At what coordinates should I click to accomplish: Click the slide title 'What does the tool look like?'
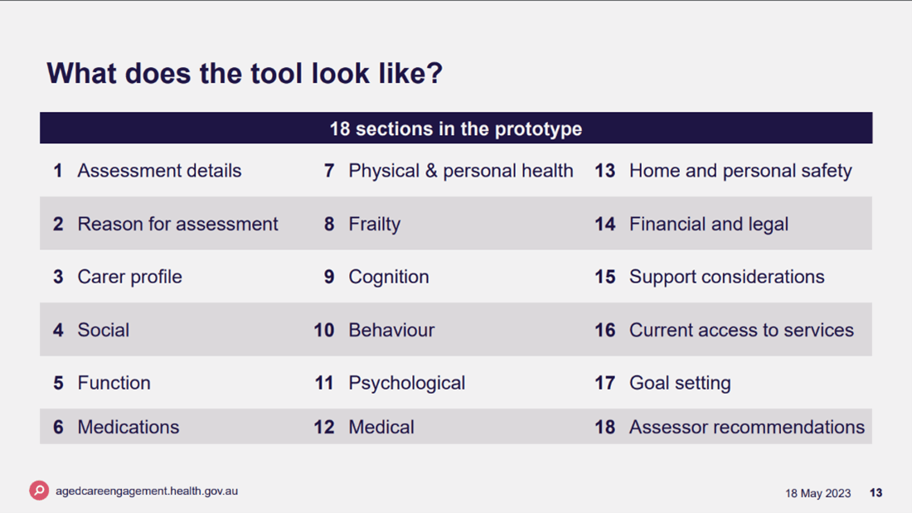(x=245, y=73)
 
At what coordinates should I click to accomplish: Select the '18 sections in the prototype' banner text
(x=455, y=129)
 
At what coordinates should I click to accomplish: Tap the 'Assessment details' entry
(x=159, y=171)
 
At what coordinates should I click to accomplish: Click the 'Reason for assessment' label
(x=177, y=224)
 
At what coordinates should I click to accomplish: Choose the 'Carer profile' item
(x=129, y=277)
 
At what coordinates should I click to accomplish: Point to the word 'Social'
(x=103, y=330)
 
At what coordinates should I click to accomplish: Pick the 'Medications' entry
(x=128, y=427)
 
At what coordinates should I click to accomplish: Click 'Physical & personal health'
(x=460, y=171)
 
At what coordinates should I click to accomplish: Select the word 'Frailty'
(x=374, y=224)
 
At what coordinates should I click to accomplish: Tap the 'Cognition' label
(x=388, y=277)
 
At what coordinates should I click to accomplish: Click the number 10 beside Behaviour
(x=323, y=330)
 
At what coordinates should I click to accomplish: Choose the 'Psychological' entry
(x=406, y=383)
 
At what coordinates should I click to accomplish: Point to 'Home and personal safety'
(x=740, y=171)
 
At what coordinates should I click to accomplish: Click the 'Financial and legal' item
(x=708, y=224)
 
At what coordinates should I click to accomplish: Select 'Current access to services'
(x=741, y=330)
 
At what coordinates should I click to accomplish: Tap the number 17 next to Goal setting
(x=604, y=383)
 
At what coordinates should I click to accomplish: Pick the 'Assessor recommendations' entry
(x=746, y=427)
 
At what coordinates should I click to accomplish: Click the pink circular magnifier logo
(x=39, y=491)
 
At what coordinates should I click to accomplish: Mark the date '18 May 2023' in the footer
(x=817, y=493)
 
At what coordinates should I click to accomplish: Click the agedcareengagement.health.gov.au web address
(x=147, y=491)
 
